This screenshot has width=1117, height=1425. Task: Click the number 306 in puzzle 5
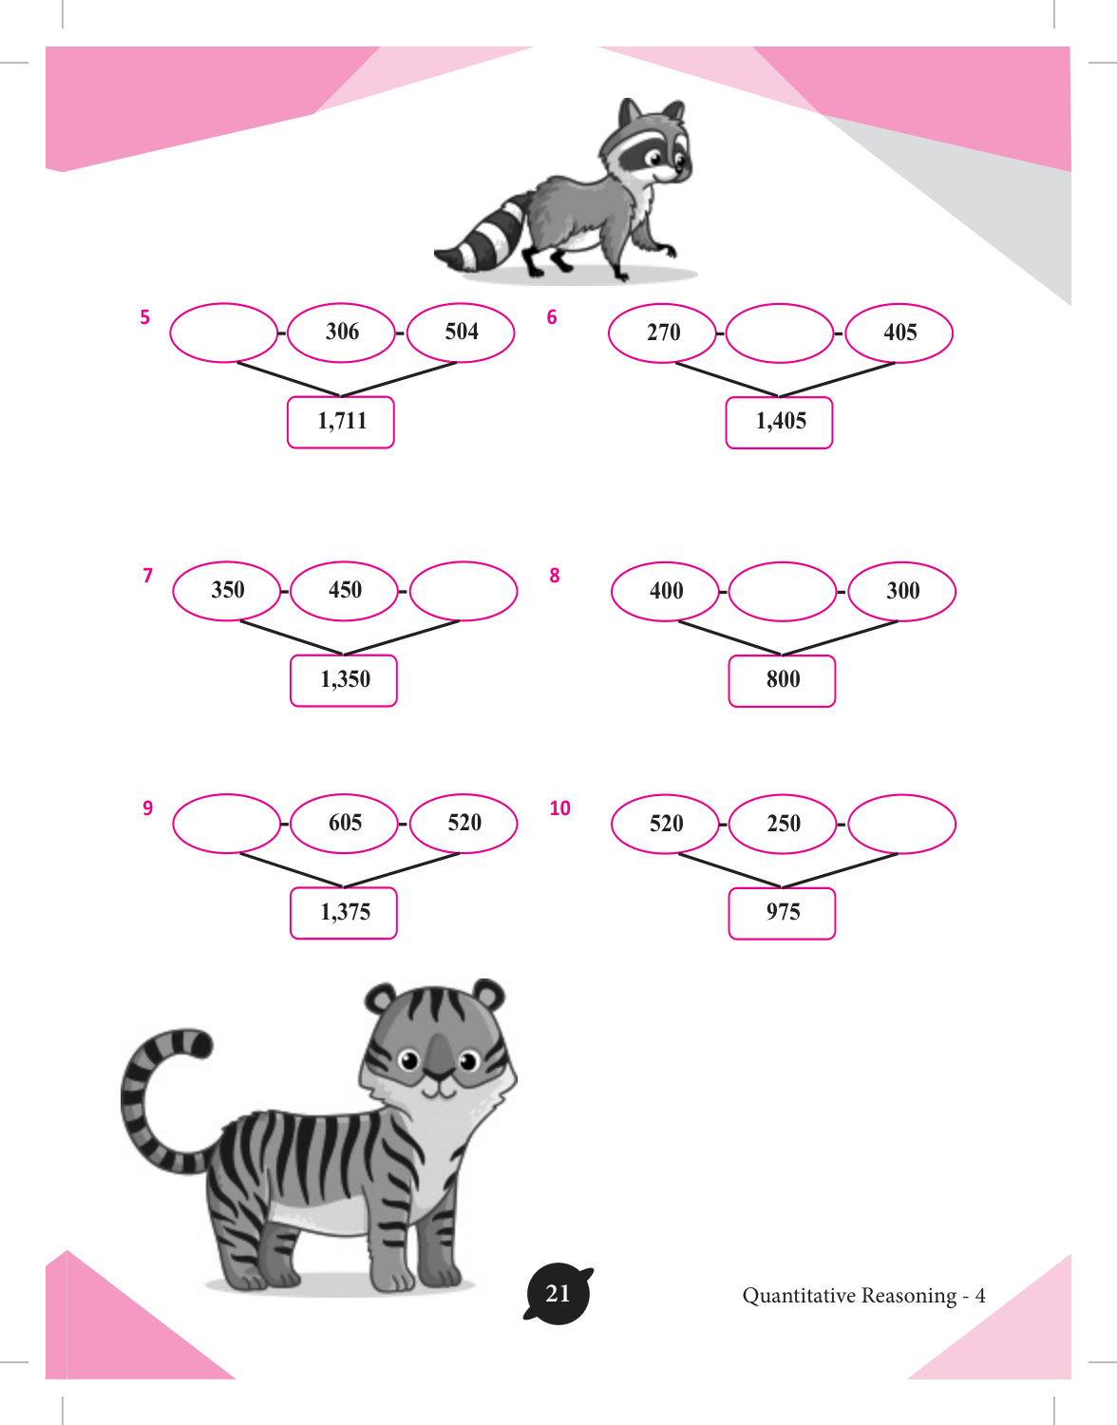point(342,332)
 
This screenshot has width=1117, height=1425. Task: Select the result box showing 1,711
point(341,423)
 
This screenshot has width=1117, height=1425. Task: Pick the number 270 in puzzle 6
point(663,332)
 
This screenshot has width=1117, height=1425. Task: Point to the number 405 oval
point(899,333)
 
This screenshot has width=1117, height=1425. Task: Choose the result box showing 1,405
point(780,423)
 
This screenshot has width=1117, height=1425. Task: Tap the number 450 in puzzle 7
point(345,590)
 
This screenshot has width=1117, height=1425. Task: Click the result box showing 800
point(782,681)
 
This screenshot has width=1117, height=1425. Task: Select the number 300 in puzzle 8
point(902,591)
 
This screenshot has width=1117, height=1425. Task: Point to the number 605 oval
point(344,824)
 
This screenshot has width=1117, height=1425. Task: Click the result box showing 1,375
point(344,913)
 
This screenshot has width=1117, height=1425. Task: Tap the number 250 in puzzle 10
point(784,823)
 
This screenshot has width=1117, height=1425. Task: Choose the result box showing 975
point(782,914)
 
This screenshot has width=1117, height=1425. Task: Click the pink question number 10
point(559,807)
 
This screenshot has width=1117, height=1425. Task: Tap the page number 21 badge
point(558,1293)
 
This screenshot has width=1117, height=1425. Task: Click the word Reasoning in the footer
point(909,1296)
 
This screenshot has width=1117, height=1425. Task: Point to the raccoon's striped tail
point(482,237)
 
